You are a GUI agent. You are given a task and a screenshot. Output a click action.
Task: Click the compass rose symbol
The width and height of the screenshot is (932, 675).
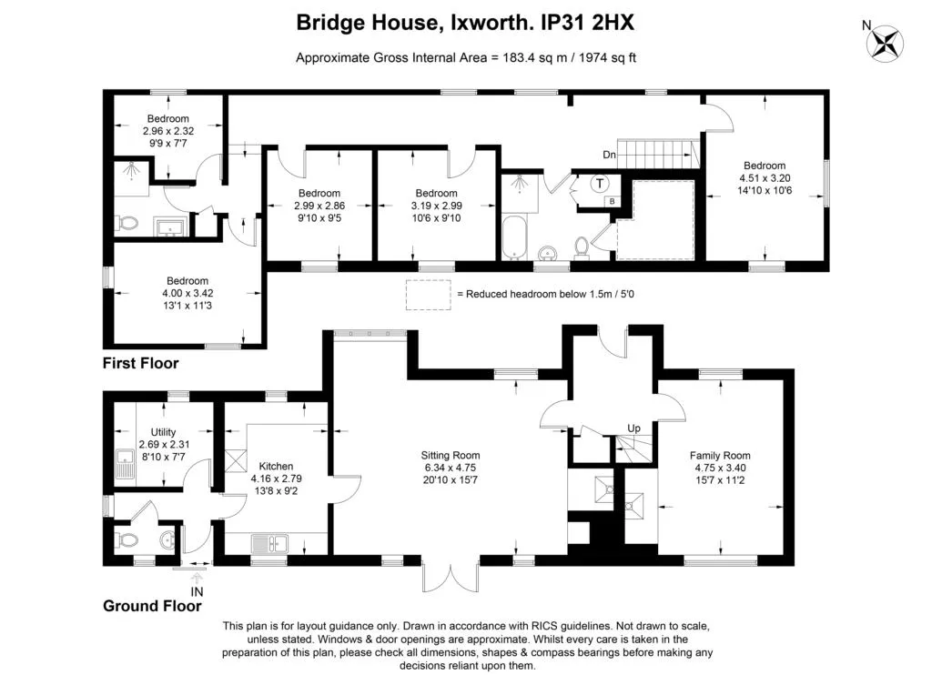(885, 43)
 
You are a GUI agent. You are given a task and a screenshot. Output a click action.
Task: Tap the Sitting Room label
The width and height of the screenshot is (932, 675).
(449, 456)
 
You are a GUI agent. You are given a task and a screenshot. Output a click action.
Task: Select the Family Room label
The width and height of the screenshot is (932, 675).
(720, 456)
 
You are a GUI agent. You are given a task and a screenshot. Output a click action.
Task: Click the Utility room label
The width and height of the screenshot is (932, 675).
(163, 432)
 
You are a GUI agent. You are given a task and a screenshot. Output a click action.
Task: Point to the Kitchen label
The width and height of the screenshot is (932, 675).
(276, 467)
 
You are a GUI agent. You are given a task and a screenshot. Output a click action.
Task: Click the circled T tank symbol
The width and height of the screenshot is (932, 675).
(600, 184)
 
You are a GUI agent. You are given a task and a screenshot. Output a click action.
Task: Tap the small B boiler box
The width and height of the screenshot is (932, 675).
(613, 201)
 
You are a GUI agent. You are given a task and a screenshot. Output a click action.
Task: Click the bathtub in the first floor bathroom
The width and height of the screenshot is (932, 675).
(514, 237)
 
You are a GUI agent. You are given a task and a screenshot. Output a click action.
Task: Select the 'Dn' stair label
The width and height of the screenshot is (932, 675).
(609, 155)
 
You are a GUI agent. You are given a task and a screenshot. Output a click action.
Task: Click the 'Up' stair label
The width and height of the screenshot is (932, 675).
(633, 428)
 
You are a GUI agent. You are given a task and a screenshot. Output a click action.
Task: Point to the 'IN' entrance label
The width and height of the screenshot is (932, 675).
(197, 592)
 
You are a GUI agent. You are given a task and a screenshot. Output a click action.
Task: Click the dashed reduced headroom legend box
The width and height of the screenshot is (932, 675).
(428, 295)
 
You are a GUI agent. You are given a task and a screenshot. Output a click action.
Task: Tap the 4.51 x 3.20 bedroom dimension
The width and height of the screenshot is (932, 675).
(765, 178)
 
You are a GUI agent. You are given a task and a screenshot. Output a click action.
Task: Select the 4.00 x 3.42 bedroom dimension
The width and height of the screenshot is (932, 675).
(187, 294)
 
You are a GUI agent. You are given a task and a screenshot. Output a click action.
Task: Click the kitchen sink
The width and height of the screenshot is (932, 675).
(269, 543)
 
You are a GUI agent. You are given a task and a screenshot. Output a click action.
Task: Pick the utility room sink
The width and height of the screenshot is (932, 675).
(126, 464)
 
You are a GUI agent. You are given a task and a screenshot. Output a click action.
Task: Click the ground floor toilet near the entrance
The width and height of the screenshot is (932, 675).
(127, 540)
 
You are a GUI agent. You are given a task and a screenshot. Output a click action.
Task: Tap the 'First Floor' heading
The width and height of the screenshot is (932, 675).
(140, 363)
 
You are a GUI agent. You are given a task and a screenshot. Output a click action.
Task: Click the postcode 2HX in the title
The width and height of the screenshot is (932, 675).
(613, 23)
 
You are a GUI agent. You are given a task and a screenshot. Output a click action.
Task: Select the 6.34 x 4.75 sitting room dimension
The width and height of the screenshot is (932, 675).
(449, 468)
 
